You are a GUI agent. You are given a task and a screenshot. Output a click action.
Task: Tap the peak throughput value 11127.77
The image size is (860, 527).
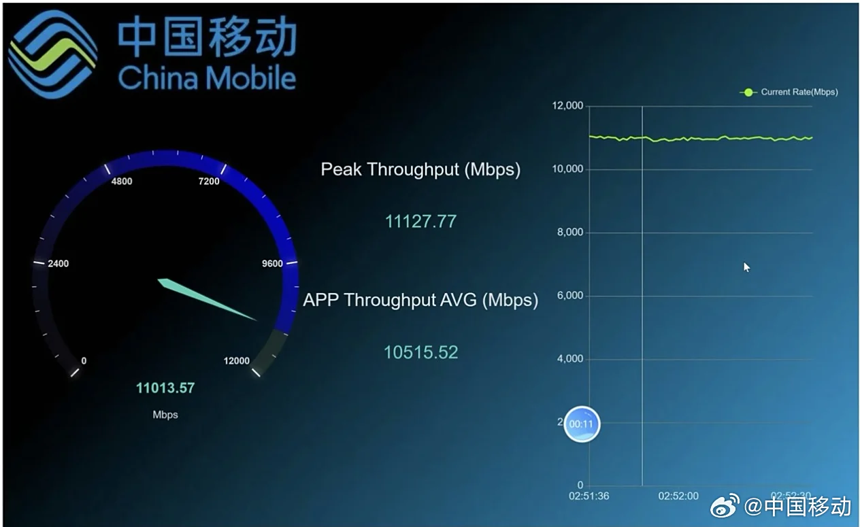(420, 221)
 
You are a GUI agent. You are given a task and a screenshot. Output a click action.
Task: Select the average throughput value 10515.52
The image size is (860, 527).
(420, 352)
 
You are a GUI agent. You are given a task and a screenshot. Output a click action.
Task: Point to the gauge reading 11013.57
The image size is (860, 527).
(165, 388)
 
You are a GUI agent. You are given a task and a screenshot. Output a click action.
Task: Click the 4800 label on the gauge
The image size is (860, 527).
(122, 182)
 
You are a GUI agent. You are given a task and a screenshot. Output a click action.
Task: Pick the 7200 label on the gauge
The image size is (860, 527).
(208, 182)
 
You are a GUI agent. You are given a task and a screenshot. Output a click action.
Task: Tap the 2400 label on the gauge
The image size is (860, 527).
(58, 264)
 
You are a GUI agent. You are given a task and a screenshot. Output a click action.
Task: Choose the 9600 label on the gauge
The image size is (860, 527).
(272, 264)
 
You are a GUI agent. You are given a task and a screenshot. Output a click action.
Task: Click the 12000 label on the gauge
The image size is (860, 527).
(237, 361)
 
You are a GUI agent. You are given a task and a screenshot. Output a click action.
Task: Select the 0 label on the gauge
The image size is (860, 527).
(84, 361)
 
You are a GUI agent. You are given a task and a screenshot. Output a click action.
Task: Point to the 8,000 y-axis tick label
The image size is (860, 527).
(569, 233)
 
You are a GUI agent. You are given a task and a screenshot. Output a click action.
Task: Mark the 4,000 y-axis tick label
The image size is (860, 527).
(569, 359)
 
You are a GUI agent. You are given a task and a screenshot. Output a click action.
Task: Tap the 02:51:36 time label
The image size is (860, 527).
(589, 496)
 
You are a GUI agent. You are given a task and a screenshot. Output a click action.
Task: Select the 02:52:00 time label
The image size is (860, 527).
(678, 496)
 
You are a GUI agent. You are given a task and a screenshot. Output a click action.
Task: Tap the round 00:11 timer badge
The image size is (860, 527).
(582, 424)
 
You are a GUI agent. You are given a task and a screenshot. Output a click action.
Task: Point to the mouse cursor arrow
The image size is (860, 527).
(746, 267)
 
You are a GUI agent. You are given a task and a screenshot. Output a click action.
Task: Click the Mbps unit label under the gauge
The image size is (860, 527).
(165, 415)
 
